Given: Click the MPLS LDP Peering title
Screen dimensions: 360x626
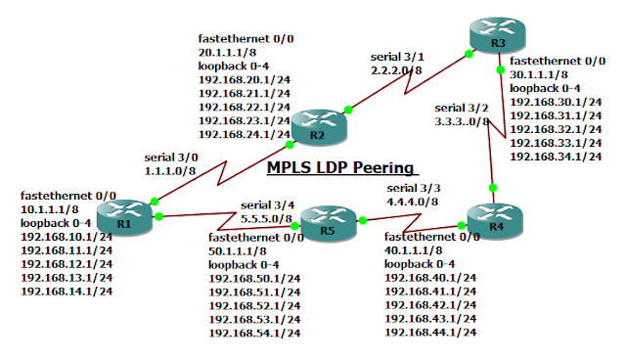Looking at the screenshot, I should coord(340,168).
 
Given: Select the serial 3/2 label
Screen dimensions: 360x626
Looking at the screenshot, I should coord(461,108).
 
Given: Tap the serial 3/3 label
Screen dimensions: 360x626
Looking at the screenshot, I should coord(414,187).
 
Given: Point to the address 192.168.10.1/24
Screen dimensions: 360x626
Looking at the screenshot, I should coord(67,236).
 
